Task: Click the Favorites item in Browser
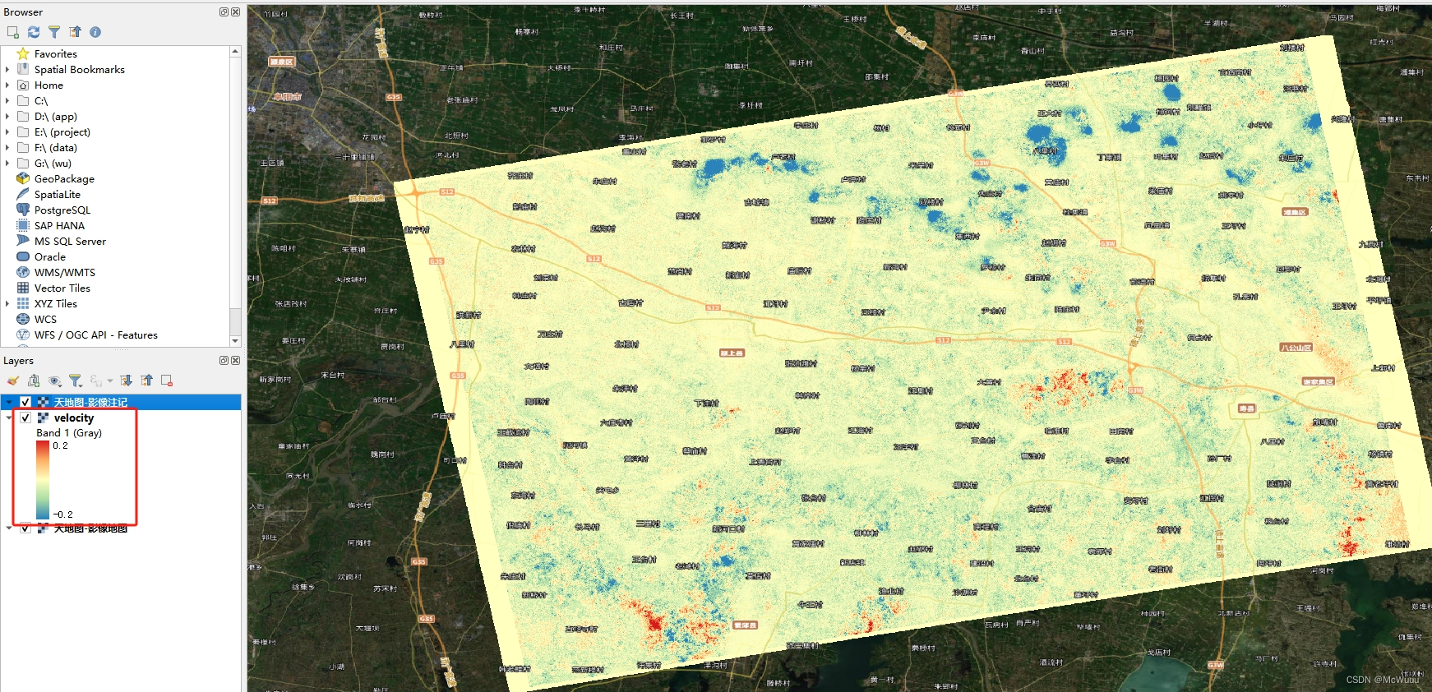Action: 55,54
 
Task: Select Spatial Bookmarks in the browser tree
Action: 79,70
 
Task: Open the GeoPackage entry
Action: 64,179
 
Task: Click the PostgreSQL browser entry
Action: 62,210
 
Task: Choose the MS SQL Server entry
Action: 70,242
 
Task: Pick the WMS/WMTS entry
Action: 64,273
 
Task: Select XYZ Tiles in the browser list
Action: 55,304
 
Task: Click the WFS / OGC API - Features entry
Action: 95,335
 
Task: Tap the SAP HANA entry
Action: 59,226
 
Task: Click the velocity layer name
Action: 74,418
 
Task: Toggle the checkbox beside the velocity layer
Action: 25,418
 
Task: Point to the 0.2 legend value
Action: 60,445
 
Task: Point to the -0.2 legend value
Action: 62,514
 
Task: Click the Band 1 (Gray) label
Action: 69,433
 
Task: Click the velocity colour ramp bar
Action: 43,480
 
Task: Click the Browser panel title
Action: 23,12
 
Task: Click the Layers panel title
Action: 18,361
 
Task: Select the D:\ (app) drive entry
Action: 55,117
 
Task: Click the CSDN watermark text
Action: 1382,680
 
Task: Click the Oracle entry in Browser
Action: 49,257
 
